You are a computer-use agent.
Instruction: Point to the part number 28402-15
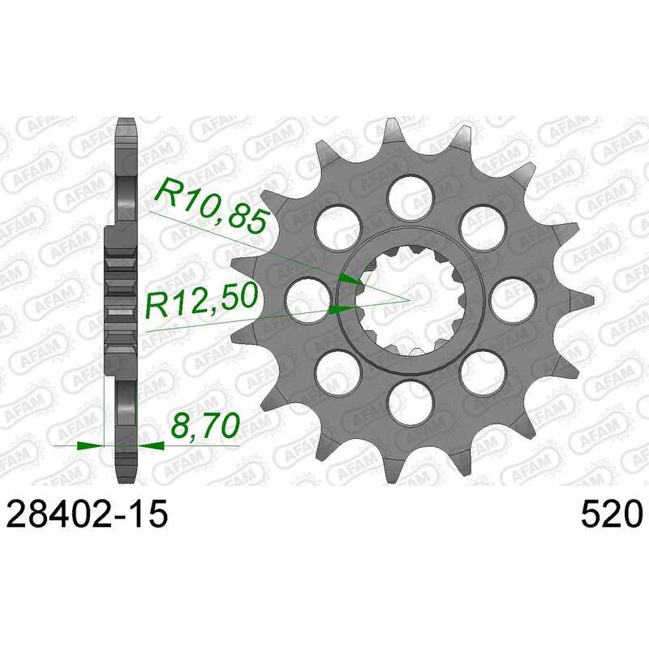(x=88, y=514)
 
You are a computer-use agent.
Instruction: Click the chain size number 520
(x=611, y=514)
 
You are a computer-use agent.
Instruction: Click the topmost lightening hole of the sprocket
(x=410, y=196)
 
